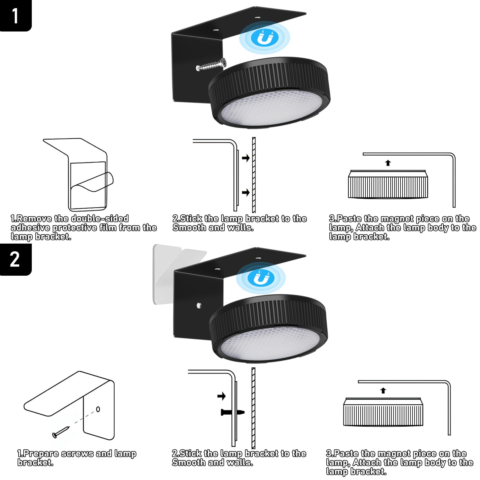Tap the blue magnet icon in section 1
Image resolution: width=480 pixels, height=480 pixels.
point(265,37)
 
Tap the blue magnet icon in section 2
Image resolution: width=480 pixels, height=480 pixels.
point(260,278)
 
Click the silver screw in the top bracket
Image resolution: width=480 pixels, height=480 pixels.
point(211,65)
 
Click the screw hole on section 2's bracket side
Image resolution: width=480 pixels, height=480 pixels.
point(199,306)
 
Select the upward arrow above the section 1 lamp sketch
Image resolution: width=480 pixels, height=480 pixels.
point(388,163)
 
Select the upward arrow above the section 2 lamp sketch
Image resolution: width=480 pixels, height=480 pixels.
point(383,391)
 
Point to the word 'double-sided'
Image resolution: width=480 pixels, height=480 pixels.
point(100,218)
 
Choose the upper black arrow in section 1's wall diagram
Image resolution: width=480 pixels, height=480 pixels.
point(246,158)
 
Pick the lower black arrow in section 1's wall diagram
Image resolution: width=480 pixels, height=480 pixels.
point(246,192)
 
